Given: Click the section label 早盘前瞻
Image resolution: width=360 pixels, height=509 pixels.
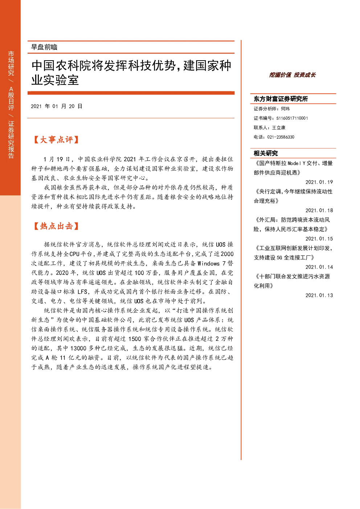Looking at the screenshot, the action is pyautogui.click(x=44, y=47).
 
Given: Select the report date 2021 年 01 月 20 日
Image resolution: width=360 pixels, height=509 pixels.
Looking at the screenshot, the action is pyautogui.click(x=57, y=106).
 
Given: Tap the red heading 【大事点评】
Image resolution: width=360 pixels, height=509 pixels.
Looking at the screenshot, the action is pyautogui.click(x=56, y=140).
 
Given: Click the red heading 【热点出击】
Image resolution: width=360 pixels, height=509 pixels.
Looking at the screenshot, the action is pyautogui.click(x=56, y=226).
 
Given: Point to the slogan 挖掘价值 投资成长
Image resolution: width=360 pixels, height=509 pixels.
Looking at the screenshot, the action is pyautogui.click(x=292, y=75).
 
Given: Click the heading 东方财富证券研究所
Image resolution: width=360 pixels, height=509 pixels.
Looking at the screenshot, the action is pyautogui.click(x=281, y=99).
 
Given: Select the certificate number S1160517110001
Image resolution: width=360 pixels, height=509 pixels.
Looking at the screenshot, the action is pyautogui.click(x=292, y=118).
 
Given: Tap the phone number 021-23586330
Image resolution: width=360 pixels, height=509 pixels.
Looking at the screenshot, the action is pyautogui.click(x=281, y=137).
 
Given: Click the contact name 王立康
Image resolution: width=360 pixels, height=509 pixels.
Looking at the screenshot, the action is pyautogui.click(x=279, y=128).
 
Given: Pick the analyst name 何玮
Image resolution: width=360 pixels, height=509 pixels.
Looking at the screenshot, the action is pyautogui.click(x=285, y=109).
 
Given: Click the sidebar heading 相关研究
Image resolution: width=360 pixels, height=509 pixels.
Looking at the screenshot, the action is pyautogui.click(x=266, y=153).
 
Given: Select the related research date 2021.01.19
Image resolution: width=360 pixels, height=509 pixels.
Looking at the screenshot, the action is pyautogui.click(x=319, y=182).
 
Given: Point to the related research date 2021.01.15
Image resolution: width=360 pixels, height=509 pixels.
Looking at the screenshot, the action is pyautogui.click(x=319, y=239).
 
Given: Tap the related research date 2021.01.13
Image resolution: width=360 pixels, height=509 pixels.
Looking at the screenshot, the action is pyautogui.click(x=319, y=295).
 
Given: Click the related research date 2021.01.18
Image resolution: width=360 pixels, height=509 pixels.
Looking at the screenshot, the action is pyautogui.click(x=319, y=210).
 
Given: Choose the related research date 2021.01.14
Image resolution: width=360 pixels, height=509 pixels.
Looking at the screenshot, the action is pyautogui.click(x=319, y=267).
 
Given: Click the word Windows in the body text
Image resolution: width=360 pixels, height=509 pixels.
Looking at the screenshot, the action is pyautogui.click(x=208, y=263).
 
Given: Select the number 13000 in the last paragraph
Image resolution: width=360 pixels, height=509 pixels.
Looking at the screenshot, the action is pyautogui.click(x=78, y=348).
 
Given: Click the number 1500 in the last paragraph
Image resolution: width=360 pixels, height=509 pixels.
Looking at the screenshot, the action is pyautogui.click(x=135, y=339).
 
